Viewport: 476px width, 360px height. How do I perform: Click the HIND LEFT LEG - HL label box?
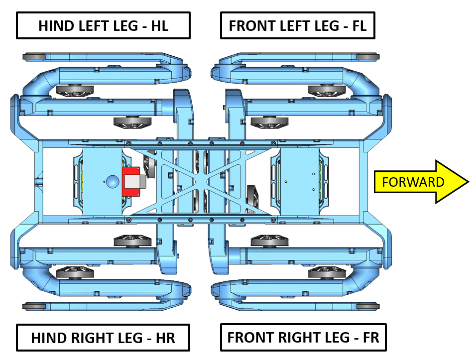pos(104,26)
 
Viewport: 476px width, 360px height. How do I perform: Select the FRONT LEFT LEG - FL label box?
pos(297,26)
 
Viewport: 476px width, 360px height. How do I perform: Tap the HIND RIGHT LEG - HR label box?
pos(103,338)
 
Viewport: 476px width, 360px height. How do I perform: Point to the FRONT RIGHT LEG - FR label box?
pos(303,338)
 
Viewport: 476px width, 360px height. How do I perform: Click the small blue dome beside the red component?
pos(113,181)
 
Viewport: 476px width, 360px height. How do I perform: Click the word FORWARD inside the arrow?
pos(413,182)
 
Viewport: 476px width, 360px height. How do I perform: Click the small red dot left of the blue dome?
pos(104,182)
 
